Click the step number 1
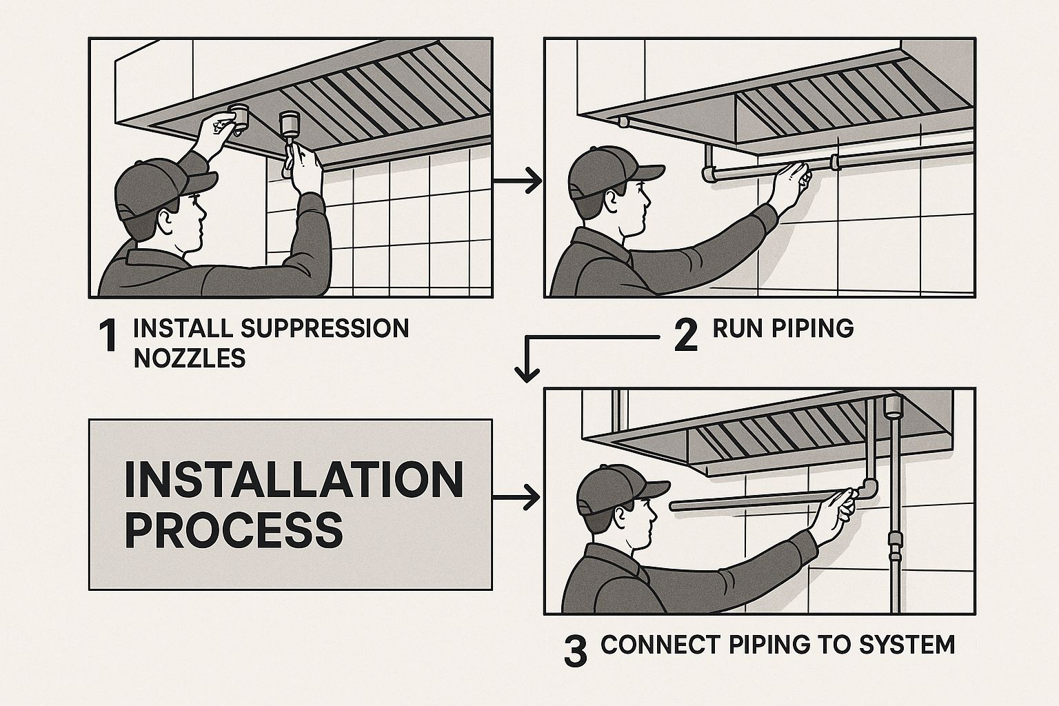point(110,336)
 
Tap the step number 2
point(685,336)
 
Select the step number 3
point(576,651)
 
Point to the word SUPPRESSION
point(325,328)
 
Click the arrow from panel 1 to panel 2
point(517,181)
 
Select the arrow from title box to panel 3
point(516,497)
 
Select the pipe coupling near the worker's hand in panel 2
point(836,162)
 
